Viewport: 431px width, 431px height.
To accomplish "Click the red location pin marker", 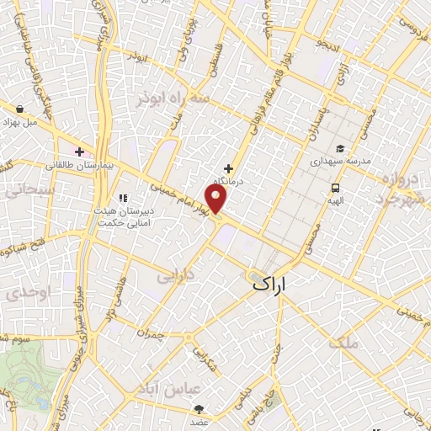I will tap(216, 198).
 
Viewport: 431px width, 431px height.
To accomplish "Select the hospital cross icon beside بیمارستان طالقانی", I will tap(79, 152).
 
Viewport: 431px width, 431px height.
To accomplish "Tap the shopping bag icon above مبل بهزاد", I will tap(20, 108).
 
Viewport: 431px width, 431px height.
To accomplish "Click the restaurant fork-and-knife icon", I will tap(123, 199).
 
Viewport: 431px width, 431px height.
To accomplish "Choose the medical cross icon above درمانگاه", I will tap(228, 168).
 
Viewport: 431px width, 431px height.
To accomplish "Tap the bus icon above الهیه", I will tap(336, 188).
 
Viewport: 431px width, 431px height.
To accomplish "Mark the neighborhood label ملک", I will tap(345, 341).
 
